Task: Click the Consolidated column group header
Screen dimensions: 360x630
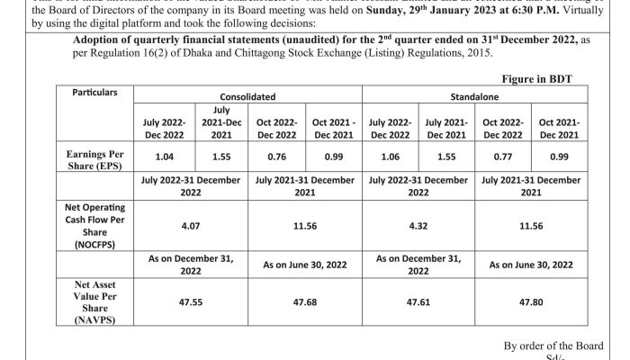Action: (247, 94)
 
